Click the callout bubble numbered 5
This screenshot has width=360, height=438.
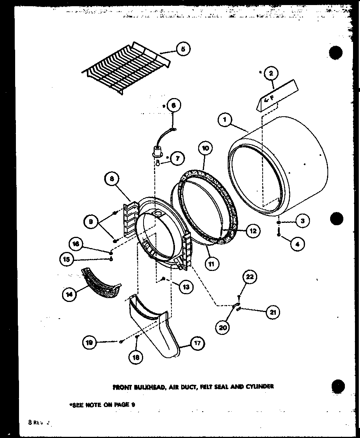(183, 49)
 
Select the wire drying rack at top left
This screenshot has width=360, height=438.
(126, 68)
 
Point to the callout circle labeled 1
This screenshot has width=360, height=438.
(225, 120)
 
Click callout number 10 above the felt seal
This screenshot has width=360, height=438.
(206, 148)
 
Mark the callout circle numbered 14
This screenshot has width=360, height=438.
(69, 295)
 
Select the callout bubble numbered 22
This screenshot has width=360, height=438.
(250, 276)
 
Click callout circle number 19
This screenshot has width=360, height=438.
(90, 342)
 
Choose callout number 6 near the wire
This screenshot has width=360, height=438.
(173, 105)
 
